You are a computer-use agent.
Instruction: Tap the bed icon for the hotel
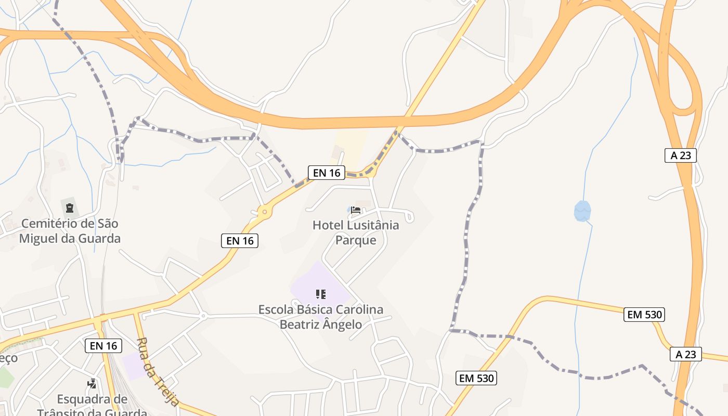(356, 210)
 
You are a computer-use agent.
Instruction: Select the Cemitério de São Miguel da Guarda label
(70, 231)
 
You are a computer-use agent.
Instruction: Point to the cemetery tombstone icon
(69, 208)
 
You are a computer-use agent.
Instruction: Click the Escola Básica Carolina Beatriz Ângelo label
(321, 317)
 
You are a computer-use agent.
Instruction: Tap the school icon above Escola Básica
(321, 294)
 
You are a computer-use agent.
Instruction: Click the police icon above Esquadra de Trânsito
(92, 384)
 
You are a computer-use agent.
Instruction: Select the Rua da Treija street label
(158, 371)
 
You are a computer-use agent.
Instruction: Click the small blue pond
(582, 211)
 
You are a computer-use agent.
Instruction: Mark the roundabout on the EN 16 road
(265, 212)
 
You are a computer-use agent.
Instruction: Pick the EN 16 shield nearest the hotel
(327, 173)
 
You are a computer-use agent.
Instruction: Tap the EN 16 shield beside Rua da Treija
(103, 346)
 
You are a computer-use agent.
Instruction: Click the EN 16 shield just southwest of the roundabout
(240, 240)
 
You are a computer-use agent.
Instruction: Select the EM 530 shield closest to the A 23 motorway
(645, 314)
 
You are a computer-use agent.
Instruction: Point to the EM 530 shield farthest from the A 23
(477, 378)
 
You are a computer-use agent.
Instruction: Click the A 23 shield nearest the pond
(680, 155)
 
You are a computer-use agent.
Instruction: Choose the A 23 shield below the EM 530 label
(686, 354)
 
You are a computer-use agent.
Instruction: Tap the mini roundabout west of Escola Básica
(203, 316)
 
